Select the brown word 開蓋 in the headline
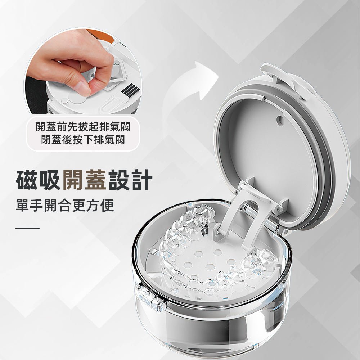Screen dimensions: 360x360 85,180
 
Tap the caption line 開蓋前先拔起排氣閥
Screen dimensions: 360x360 83,127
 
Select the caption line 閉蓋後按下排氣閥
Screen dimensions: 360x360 83,140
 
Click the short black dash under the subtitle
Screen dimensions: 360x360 27,228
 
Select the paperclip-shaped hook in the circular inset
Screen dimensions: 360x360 110,107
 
